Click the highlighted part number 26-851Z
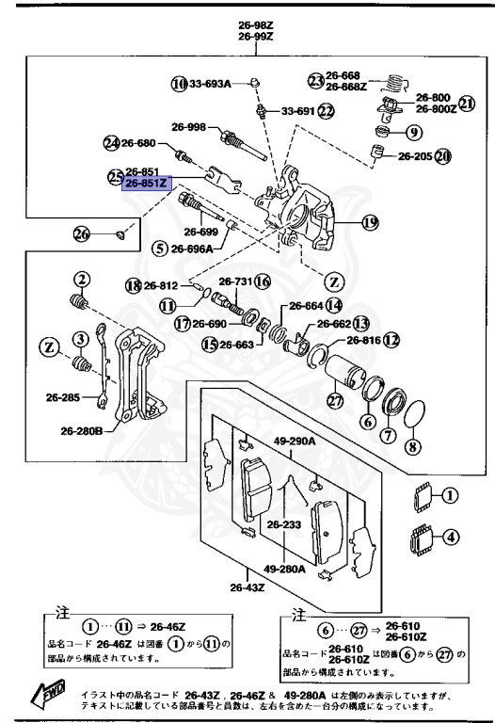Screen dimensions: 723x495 click(x=145, y=185)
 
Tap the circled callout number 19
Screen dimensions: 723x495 click(x=369, y=223)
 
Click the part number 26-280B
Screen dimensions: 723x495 click(x=82, y=431)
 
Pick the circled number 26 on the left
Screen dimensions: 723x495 click(x=82, y=233)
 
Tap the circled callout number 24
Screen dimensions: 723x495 click(x=112, y=143)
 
